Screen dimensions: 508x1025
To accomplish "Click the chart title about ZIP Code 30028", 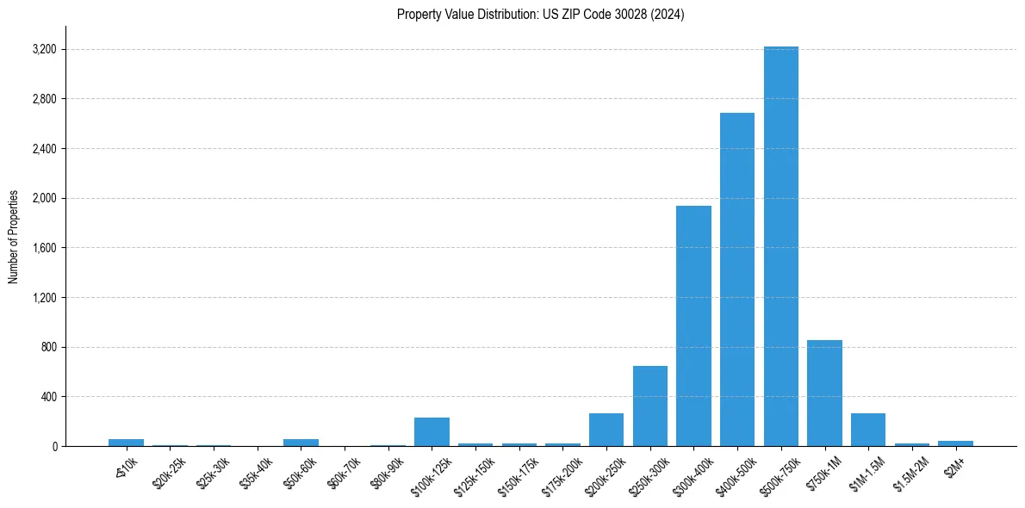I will (x=540, y=15).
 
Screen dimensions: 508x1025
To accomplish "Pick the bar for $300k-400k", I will (x=693, y=326).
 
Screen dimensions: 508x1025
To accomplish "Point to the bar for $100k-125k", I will (x=432, y=432).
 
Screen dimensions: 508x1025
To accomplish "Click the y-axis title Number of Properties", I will (x=14, y=237).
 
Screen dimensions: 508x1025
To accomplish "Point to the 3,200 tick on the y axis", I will (x=44, y=49).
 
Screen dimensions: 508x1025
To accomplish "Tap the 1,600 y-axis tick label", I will (x=44, y=248).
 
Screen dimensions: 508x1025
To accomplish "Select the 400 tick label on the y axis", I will (x=49, y=397).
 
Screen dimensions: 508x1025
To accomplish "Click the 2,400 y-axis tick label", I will (x=44, y=149).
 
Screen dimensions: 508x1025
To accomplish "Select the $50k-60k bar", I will (x=301, y=443).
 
